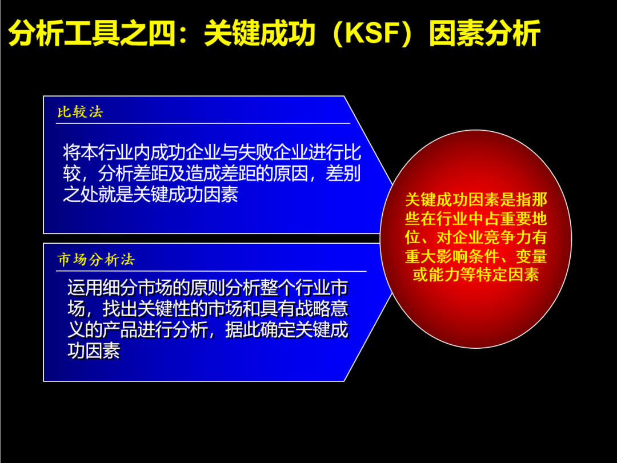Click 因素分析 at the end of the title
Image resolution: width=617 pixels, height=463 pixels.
[x=485, y=33]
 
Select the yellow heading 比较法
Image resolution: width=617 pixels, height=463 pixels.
[x=81, y=112]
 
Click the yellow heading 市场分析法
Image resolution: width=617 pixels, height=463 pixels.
[x=96, y=260]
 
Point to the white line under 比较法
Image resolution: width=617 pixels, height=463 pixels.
[x=203, y=123]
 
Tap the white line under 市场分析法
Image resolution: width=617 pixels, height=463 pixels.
[x=211, y=271]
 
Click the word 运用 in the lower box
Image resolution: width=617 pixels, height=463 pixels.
[x=85, y=288]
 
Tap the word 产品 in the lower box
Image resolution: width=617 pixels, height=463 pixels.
[x=119, y=329]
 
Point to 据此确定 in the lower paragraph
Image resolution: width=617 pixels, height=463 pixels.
[x=260, y=329]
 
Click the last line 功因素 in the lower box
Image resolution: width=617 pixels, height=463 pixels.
[x=94, y=351]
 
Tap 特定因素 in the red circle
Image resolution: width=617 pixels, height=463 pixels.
[x=508, y=275]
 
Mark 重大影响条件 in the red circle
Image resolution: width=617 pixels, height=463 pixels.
[x=452, y=256]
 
